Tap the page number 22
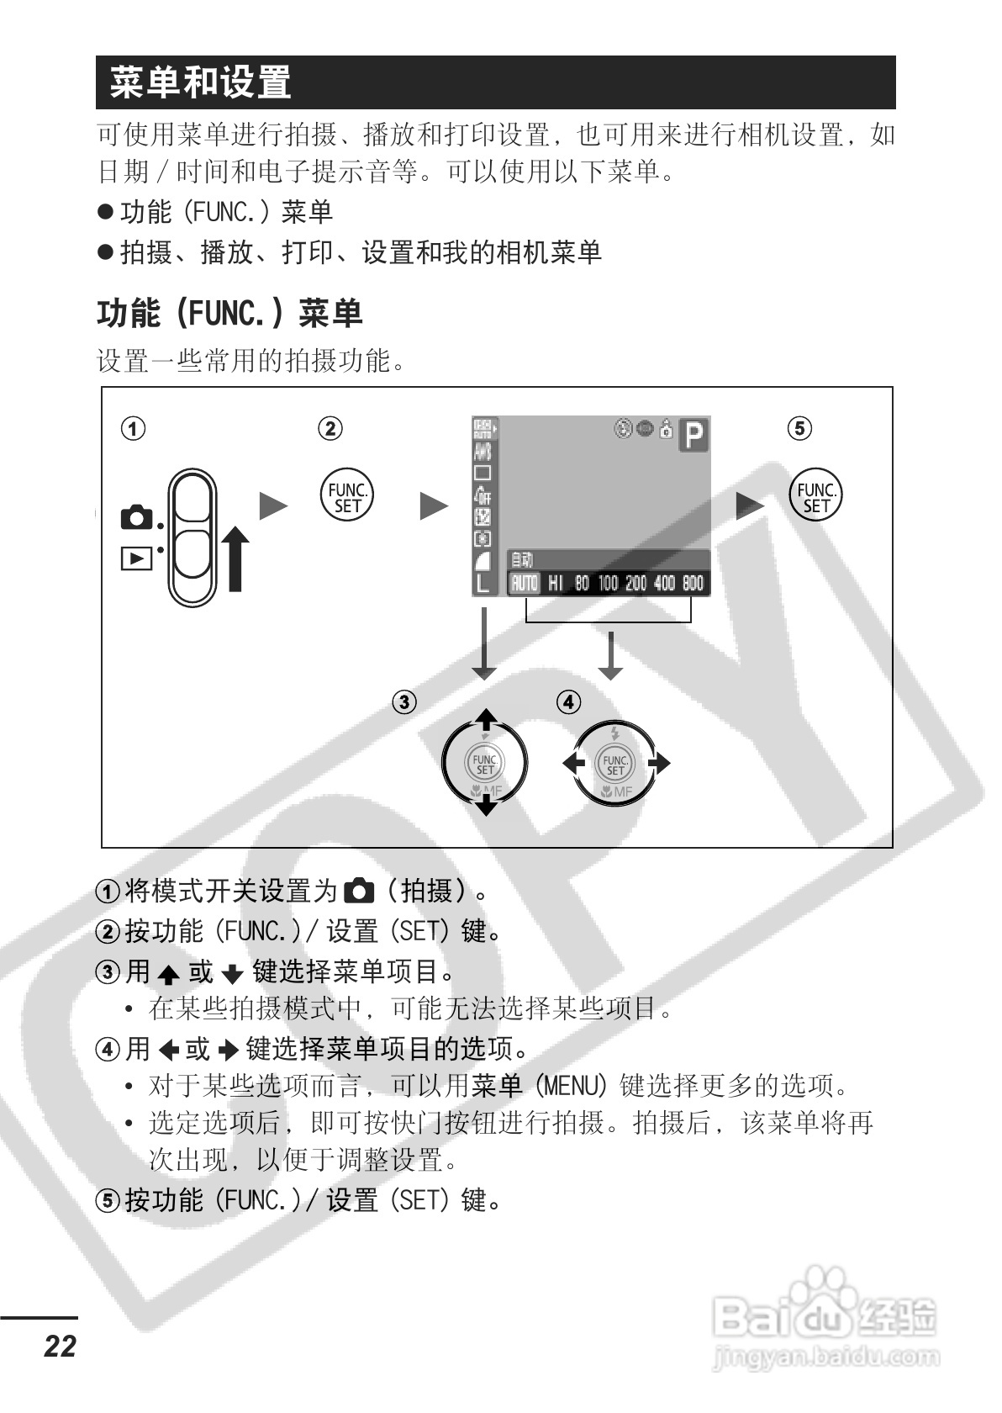pyautogui.click(x=60, y=1345)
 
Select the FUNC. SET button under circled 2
pyautogui.click(x=347, y=497)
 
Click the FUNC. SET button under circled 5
pyautogui.click(x=815, y=497)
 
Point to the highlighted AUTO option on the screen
pyautogui.click(x=525, y=583)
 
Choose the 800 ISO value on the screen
pyautogui.click(x=693, y=583)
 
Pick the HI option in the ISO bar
pyautogui.click(x=556, y=583)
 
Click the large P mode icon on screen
pyautogui.click(x=694, y=436)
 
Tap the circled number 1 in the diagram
pyautogui.click(x=133, y=428)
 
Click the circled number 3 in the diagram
pyautogui.click(x=404, y=701)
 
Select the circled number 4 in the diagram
pyautogui.click(x=569, y=701)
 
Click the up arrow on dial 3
pyautogui.click(x=486, y=720)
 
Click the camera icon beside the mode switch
pyautogui.click(x=137, y=517)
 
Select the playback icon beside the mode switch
pyautogui.click(x=136, y=558)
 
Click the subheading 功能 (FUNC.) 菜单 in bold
pyautogui.click(x=229, y=314)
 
